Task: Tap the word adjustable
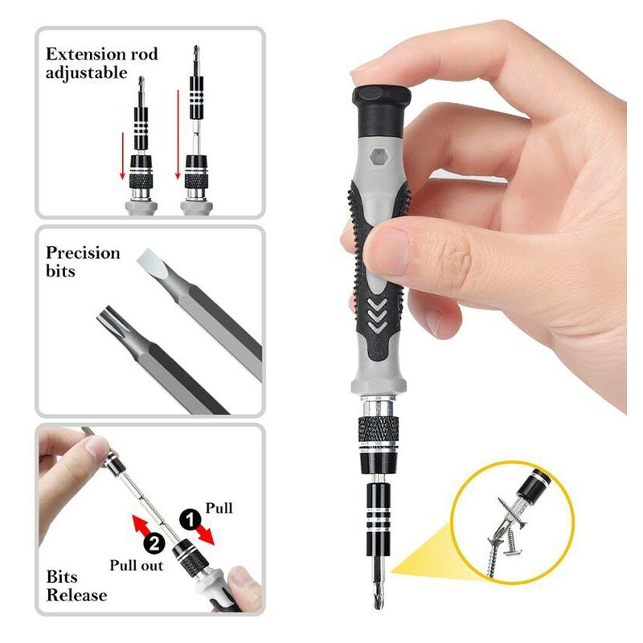click(87, 73)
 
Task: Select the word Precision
click(83, 252)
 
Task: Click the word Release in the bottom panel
click(76, 595)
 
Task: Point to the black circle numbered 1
click(190, 520)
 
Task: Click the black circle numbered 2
click(154, 544)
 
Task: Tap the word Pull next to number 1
click(219, 508)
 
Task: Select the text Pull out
click(136, 566)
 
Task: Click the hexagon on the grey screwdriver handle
click(378, 157)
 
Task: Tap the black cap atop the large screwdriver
click(381, 110)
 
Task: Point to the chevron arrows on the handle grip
click(377, 314)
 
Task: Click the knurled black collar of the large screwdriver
click(379, 429)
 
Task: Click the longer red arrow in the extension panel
click(178, 134)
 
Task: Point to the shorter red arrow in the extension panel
click(122, 156)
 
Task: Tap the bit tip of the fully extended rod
click(196, 53)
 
